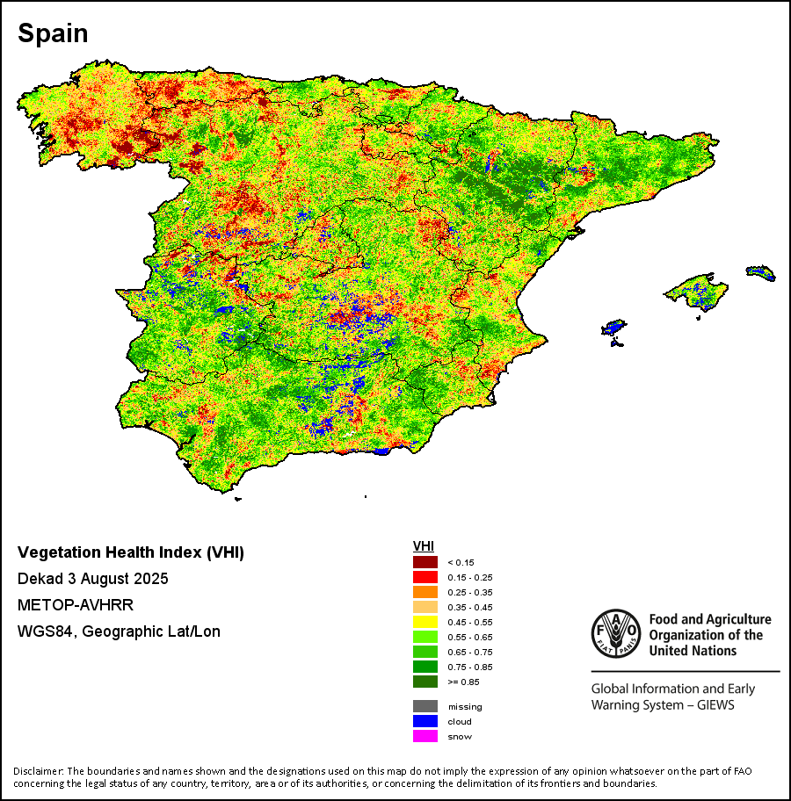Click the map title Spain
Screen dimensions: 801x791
click(x=53, y=33)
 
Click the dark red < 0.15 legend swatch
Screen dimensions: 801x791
click(x=425, y=562)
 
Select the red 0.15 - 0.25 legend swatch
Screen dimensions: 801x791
click(x=425, y=577)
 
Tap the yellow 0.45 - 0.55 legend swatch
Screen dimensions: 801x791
click(x=425, y=622)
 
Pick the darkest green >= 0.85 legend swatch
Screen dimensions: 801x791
click(x=425, y=682)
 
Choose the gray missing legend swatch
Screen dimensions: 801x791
click(x=425, y=706)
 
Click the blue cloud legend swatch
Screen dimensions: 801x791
click(x=425, y=721)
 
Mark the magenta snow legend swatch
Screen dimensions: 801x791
click(x=425, y=736)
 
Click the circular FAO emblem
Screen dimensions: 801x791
click(x=616, y=632)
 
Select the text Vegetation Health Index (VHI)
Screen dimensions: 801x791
click(x=131, y=553)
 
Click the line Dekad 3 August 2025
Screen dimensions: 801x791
click(x=93, y=580)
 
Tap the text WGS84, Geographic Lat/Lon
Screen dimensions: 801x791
click(x=119, y=631)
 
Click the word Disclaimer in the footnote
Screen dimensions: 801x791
click(x=39, y=771)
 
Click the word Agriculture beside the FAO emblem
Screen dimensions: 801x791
click(x=733, y=620)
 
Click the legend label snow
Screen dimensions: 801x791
click(x=460, y=737)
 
